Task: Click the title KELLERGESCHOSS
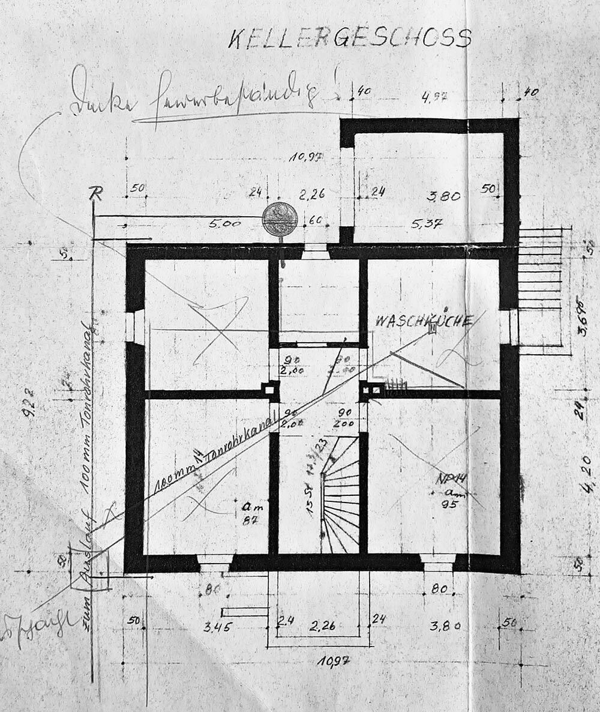pos(350,38)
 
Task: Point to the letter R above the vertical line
pos(95,193)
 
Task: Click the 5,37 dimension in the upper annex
pos(427,223)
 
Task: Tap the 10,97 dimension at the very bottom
pos(334,661)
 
